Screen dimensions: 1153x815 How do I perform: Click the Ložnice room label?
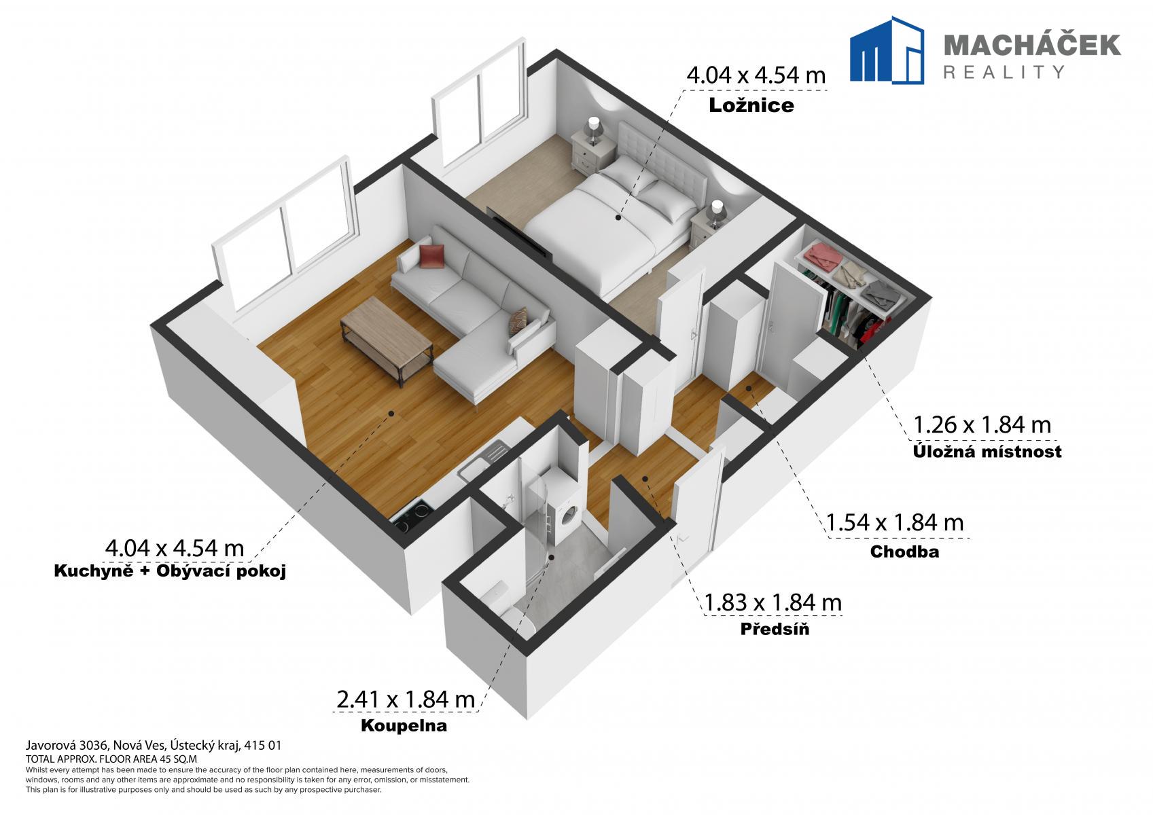click(x=751, y=105)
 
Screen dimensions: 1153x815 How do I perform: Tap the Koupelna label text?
click(x=404, y=726)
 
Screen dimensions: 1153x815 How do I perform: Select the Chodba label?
click(x=904, y=551)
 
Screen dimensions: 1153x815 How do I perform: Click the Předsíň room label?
click(x=775, y=629)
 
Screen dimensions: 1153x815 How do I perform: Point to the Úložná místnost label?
click(x=987, y=451)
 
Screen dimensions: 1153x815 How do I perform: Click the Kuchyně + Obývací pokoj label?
click(x=170, y=571)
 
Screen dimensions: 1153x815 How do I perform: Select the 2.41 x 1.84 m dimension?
click(x=406, y=700)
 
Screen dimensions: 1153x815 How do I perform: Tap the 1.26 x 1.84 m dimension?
click(x=982, y=425)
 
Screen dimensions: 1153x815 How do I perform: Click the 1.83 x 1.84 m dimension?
click(x=773, y=602)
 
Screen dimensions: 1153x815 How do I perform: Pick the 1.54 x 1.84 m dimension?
click(x=895, y=523)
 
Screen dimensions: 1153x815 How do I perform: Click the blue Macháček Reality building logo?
click(x=887, y=50)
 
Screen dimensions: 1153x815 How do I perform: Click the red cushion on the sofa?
click(x=431, y=256)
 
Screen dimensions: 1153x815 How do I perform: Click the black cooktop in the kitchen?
click(x=412, y=517)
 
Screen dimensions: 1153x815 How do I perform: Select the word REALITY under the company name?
click(x=1004, y=71)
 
